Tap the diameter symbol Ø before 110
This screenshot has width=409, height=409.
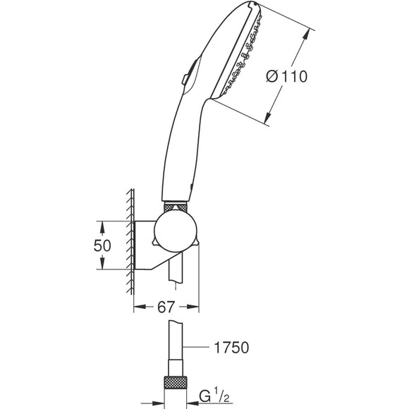click(x=275, y=78)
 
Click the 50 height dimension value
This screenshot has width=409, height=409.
click(x=103, y=245)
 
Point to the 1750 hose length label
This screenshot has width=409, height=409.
click(x=231, y=348)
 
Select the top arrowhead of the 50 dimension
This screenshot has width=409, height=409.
click(x=103, y=224)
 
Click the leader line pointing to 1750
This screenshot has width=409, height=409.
click(x=200, y=348)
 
